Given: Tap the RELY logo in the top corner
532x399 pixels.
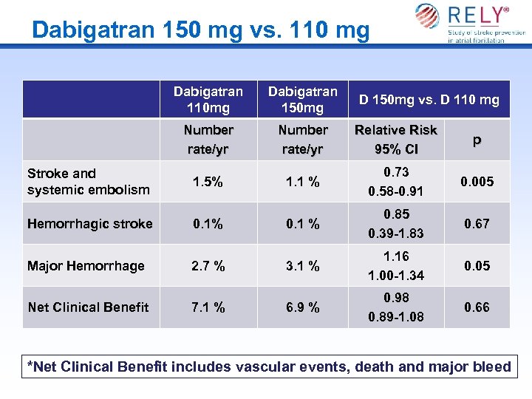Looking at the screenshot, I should (470, 22).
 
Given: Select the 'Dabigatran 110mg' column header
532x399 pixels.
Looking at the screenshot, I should (208, 100).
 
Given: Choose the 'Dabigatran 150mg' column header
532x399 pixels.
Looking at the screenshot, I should (302, 100).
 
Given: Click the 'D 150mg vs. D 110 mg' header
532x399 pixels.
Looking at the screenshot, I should (429, 100).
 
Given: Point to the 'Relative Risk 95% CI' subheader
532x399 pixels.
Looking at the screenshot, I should (396, 139).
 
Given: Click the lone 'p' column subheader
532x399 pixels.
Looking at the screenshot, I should (477, 139).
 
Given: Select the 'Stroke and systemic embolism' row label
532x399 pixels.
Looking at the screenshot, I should (88, 182).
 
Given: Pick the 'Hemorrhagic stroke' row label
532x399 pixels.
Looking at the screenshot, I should (89, 224).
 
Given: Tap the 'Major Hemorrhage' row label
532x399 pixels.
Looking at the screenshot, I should (86, 266).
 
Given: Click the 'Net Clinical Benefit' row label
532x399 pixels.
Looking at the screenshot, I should (88, 307).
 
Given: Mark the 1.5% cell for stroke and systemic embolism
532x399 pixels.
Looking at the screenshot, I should (208, 182).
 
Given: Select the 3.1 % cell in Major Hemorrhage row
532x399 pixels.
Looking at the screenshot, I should (303, 266).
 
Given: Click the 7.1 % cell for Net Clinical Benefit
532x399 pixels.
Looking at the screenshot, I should (208, 307).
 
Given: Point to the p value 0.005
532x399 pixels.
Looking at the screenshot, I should (477, 182).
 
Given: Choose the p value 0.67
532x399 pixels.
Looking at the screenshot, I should (477, 224).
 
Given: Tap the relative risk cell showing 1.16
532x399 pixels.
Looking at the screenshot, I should (396, 257).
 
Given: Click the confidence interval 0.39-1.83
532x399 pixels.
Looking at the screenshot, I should (396, 233).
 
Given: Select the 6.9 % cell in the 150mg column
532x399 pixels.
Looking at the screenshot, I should (303, 307).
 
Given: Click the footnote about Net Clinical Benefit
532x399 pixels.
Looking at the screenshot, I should (269, 366).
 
